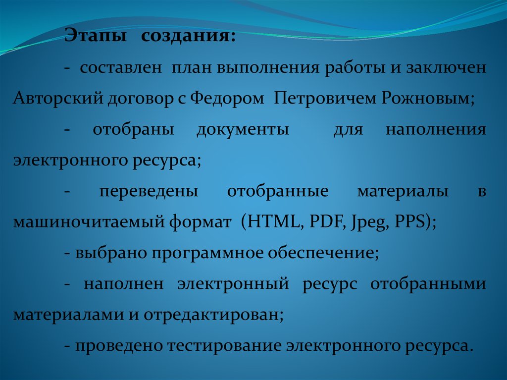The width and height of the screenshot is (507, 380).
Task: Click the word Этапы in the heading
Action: coord(96,35)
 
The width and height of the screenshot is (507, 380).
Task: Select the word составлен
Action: coord(121,67)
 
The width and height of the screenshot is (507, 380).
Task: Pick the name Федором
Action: coord(227,98)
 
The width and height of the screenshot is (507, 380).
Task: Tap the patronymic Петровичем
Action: coord(325,98)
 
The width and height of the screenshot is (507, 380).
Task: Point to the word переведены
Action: coord(149,192)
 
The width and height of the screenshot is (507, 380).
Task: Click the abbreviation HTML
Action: coord(273,221)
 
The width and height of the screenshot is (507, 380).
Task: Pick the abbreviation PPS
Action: coord(410,221)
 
